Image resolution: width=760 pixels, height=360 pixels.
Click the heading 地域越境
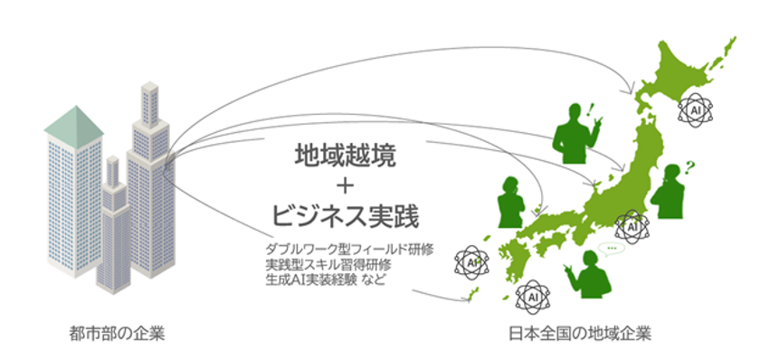point(345,155)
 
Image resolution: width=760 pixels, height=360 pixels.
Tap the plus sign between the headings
point(345,186)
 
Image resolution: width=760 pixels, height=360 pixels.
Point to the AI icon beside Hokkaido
point(695,109)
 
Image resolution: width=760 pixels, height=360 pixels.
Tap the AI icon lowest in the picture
point(531,294)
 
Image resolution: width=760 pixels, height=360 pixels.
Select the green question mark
point(689,166)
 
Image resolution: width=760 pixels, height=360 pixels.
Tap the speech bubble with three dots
point(615,246)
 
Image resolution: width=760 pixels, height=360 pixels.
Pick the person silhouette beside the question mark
point(670,193)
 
